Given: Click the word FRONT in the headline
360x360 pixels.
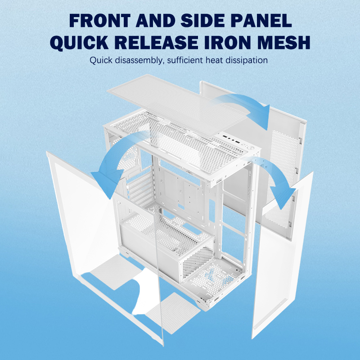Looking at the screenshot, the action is [100, 20].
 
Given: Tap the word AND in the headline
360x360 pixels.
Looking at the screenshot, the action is [156, 20].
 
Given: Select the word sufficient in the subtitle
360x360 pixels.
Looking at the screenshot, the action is [185, 60].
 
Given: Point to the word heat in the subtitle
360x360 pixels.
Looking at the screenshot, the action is [214, 60].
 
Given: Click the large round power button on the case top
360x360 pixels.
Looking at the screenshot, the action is [251, 148].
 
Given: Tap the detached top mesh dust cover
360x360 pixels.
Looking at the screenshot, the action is [177, 105].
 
